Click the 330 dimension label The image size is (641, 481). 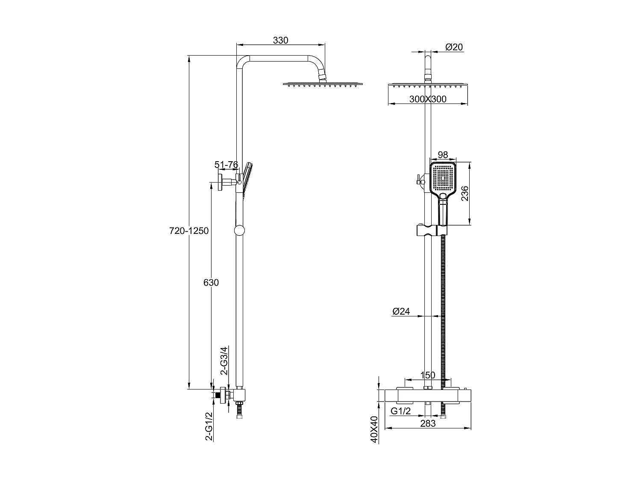280,41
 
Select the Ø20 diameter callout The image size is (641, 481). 454,47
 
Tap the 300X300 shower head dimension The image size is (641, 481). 427,99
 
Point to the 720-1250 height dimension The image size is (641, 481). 189,231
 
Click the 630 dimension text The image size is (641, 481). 211,283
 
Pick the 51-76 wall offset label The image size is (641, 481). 226,165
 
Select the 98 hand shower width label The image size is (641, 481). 443,155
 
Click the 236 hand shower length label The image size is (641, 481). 465,194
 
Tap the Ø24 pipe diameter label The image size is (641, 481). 401,312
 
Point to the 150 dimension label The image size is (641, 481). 427,375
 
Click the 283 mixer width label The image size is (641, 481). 427,423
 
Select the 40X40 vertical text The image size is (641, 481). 374,429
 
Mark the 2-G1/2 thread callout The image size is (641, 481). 209,426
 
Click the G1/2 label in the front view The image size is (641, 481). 401,411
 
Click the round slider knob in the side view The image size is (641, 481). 239,230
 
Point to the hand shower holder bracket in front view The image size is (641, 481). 431,230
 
